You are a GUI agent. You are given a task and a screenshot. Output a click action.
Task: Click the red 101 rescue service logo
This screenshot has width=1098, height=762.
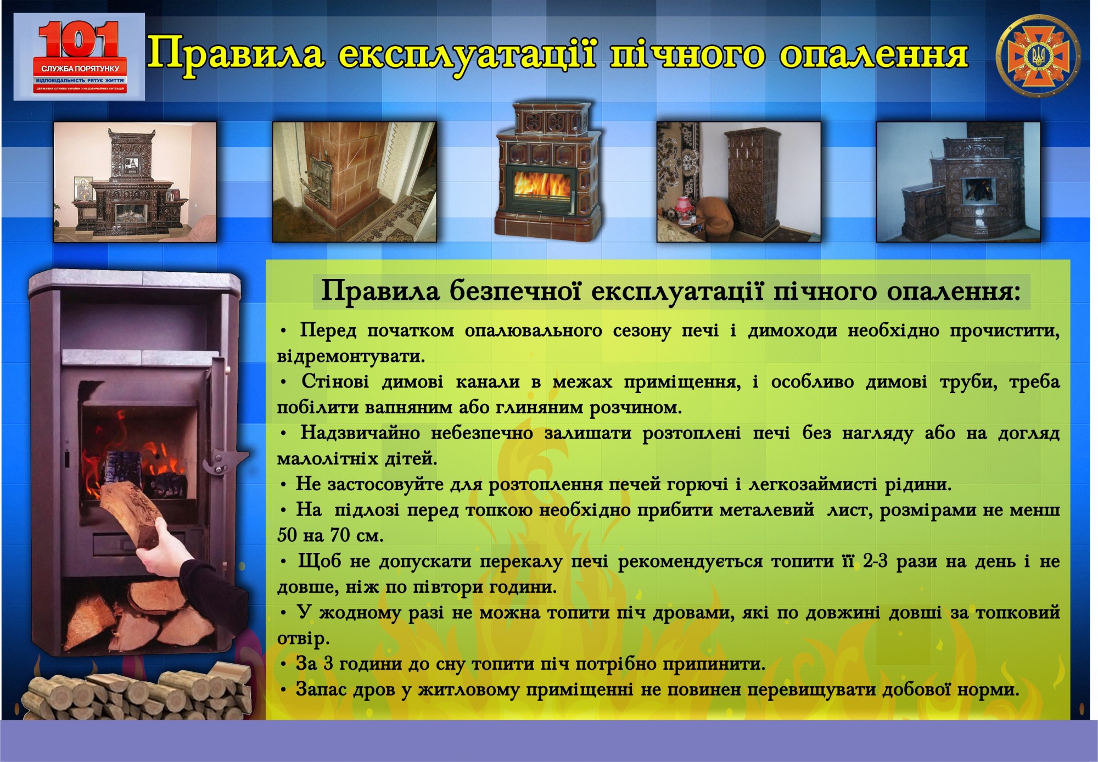80,57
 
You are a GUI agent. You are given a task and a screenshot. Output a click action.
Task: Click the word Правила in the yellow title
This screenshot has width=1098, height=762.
237,55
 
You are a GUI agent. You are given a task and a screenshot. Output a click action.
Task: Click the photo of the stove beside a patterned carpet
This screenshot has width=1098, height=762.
738,182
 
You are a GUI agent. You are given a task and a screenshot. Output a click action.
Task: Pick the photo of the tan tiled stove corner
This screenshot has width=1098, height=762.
355,182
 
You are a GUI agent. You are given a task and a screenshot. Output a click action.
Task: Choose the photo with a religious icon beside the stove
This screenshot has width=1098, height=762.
135,182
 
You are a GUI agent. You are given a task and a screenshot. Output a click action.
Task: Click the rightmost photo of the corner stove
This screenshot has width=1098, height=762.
958,182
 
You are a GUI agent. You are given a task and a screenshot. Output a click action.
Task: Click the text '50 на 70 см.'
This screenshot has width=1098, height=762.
330,535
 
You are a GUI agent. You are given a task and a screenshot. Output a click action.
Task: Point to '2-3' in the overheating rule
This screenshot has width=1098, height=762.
875,562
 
